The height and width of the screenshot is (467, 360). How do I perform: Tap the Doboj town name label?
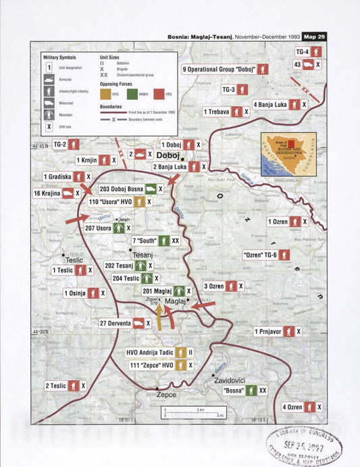[x=168, y=155]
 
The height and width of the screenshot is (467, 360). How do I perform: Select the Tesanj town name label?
[x=143, y=255]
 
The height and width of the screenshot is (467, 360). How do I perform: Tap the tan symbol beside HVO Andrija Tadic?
[x=180, y=352]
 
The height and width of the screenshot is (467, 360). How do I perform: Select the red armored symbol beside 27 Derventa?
[x=140, y=324]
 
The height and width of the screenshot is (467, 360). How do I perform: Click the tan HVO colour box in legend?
[x=105, y=95]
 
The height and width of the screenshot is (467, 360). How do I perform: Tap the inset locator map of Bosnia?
[x=288, y=155]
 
